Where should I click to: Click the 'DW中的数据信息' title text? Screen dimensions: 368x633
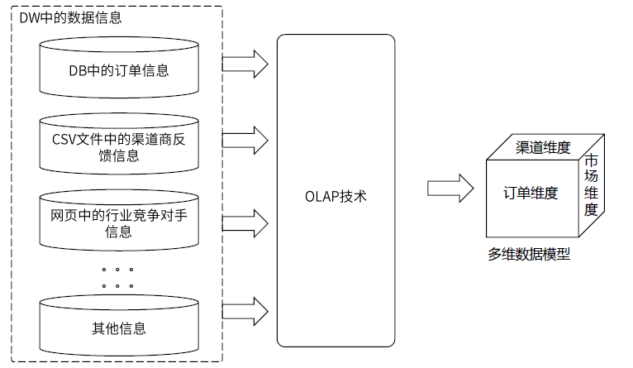[70, 17]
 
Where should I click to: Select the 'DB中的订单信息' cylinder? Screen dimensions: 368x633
[119, 69]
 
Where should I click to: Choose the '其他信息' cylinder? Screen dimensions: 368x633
[119, 327]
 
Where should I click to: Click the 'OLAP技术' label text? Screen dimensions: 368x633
[335, 197]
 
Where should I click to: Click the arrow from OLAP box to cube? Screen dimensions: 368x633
[450, 188]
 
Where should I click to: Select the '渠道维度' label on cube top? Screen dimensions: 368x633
[543, 147]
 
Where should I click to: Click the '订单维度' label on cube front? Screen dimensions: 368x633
[531, 194]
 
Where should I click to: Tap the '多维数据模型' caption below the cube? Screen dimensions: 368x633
[529, 255]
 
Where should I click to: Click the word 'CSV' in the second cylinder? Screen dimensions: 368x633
[64, 138]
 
